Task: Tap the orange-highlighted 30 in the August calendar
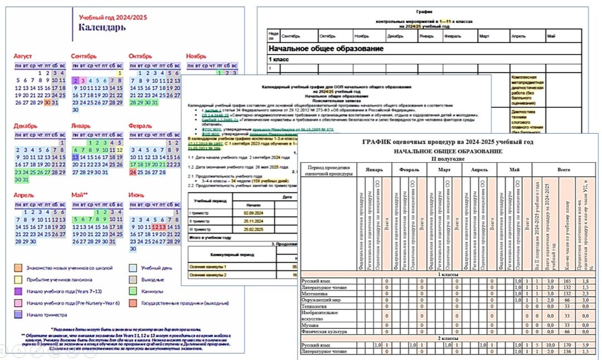point(48,102)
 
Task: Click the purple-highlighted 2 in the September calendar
point(75,80)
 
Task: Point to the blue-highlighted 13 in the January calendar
point(75,157)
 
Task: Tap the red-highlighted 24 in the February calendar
point(133,172)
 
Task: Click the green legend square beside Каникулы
point(133,291)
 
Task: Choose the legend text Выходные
point(156,279)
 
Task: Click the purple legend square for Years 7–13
point(18,291)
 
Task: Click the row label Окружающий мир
point(321,300)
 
